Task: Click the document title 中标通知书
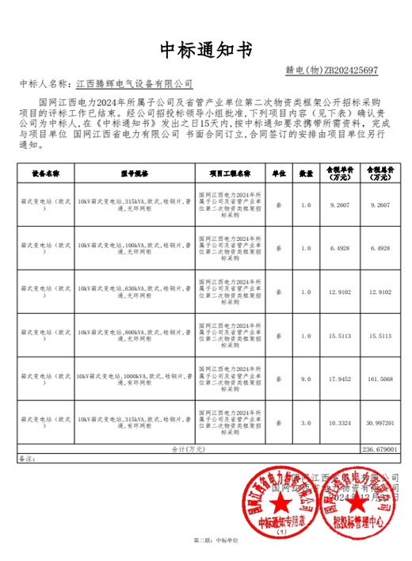(x=205, y=50)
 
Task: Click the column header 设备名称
(x=46, y=172)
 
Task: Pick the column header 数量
(x=306, y=172)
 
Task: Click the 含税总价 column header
(x=375, y=172)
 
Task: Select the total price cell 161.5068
(x=375, y=380)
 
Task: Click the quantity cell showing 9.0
(x=306, y=380)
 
